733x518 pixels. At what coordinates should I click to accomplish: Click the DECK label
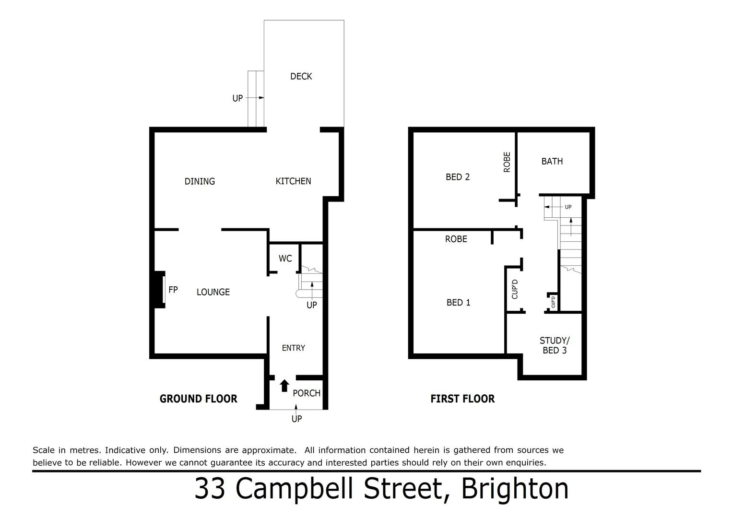pos(301,76)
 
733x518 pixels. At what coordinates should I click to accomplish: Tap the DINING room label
pos(200,181)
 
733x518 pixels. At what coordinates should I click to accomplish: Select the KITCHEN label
pos(293,181)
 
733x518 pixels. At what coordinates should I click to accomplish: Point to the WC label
pos(285,259)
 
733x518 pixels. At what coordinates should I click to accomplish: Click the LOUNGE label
pos(213,292)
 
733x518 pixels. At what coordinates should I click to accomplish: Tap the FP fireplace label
pos(173,290)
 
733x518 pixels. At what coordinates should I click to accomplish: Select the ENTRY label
pos(293,348)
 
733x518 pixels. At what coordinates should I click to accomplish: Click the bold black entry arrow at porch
pos(284,385)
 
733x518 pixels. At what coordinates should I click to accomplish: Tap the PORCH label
pos(306,393)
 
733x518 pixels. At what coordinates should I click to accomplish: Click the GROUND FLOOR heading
pos(198,399)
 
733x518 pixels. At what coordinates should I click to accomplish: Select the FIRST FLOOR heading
pos(462,399)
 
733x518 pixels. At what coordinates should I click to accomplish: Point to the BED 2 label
pos(457,177)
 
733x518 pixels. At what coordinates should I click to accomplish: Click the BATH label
pos(552,162)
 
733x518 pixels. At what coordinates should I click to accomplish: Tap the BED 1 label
pos(458,303)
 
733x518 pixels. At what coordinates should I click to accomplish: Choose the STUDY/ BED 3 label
pos(554,345)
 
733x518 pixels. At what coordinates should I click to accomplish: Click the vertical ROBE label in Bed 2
pos(507,162)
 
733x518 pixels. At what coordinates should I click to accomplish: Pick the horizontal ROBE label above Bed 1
pos(456,239)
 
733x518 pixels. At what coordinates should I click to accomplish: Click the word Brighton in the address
pos(514,489)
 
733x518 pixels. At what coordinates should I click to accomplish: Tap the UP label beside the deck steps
pos(237,98)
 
